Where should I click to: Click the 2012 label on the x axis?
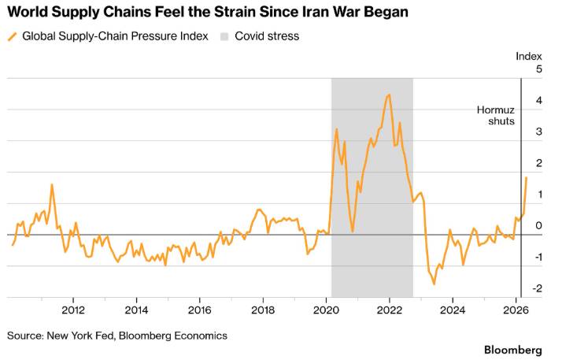[73, 310]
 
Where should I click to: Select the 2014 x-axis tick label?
[136, 310]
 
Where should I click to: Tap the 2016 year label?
[200, 310]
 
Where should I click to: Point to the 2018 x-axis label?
[263, 310]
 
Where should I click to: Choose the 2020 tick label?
[326, 310]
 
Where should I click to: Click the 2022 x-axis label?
[390, 310]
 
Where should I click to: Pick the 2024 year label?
[453, 310]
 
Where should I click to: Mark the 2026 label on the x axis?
[516, 310]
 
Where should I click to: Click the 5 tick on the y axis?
[539, 69]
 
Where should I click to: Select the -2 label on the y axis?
[537, 288]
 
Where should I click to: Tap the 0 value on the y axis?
[539, 225]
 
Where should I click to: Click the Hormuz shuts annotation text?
[496, 116]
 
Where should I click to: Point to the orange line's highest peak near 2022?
[390, 95]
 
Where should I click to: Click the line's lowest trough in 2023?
[434, 284]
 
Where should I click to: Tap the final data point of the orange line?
[526, 177]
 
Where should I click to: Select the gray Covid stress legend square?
[224, 36]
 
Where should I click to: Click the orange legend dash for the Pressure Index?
[12, 36]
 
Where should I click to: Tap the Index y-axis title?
[529, 56]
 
